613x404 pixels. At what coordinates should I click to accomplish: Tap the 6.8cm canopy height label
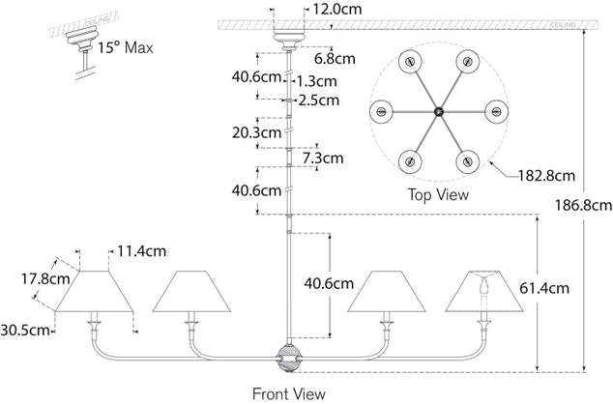[334, 59]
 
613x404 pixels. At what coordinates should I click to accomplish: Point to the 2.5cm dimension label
[320, 100]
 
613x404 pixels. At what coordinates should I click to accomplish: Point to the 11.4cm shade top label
[141, 250]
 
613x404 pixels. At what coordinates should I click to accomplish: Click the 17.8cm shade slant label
[46, 279]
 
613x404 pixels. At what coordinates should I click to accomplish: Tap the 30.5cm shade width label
[26, 330]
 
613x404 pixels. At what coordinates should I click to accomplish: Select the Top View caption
[437, 194]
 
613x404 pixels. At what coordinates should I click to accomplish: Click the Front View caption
[288, 393]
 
